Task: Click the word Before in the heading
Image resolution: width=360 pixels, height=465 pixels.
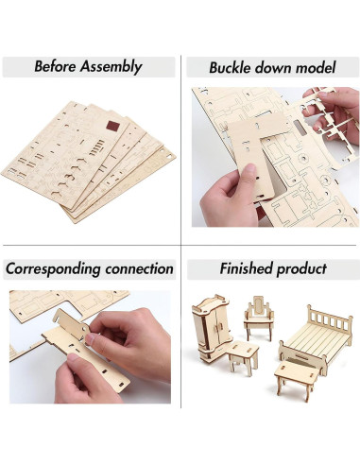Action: (x=59, y=67)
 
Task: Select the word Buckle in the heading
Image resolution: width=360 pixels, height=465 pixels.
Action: (x=237, y=67)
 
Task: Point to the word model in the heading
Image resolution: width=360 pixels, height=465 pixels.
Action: (x=314, y=67)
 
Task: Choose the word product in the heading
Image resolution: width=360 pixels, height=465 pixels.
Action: (x=303, y=269)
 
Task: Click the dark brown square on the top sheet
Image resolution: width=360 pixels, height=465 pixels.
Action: (x=112, y=127)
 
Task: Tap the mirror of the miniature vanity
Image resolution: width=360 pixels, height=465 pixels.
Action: (x=256, y=309)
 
